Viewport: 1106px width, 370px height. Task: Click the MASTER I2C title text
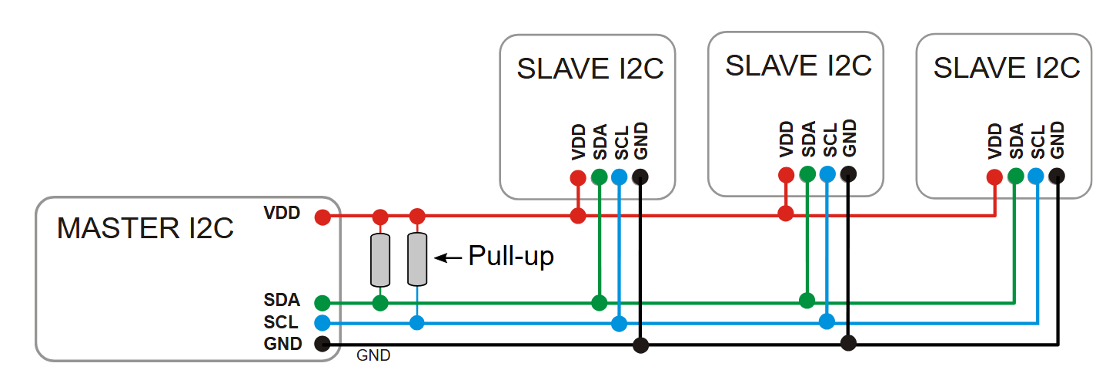pyautogui.click(x=145, y=228)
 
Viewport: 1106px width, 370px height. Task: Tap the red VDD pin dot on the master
pyautogui.click(x=322, y=217)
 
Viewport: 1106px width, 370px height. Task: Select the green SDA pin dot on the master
pyautogui.click(x=322, y=302)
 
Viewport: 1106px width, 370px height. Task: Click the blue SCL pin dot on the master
pyautogui.click(x=322, y=323)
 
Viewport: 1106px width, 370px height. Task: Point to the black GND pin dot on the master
pyautogui.click(x=322, y=344)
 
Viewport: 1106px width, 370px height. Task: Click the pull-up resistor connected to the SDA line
pyautogui.click(x=380, y=260)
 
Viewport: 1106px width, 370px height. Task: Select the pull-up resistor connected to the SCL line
pyautogui.click(x=417, y=259)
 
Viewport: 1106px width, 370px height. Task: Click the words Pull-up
pyautogui.click(x=511, y=257)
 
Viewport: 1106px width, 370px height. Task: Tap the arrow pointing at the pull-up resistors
pyautogui.click(x=448, y=257)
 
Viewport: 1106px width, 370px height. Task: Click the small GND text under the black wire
pyautogui.click(x=373, y=355)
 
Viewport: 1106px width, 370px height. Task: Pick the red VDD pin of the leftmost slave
pyautogui.click(x=578, y=177)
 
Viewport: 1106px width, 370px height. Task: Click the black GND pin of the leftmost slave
pyautogui.click(x=640, y=177)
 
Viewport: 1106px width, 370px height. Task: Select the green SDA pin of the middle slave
pyautogui.click(x=807, y=174)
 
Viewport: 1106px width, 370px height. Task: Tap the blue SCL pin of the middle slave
pyautogui.click(x=827, y=174)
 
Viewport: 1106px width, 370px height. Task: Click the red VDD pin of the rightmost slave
pyautogui.click(x=994, y=177)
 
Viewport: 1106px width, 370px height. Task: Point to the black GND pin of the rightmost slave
pyautogui.click(x=1057, y=176)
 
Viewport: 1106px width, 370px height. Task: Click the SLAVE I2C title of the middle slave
pyautogui.click(x=798, y=66)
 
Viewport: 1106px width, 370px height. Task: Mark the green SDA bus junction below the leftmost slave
pyautogui.click(x=600, y=302)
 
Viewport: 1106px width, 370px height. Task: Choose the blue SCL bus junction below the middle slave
pyautogui.click(x=827, y=321)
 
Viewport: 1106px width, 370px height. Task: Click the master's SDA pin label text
pyautogui.click(x=282, y=300)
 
